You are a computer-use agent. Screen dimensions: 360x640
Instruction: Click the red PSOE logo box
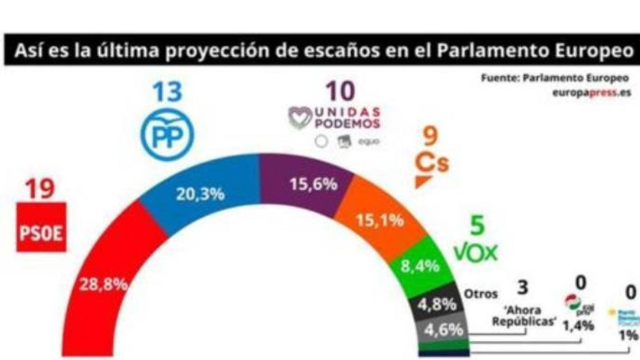(x=42, y=227)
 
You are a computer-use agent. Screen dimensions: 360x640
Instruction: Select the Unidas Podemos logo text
(x=335, y=117)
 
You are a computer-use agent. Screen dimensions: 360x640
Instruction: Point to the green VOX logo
(x=476, y=252)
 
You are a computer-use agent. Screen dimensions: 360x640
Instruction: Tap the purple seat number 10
(x=339, y=92)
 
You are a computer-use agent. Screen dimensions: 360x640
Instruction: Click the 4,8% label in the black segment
(x=437, y=305)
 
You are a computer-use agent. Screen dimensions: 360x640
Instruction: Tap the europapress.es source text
(x=591, y=92)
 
